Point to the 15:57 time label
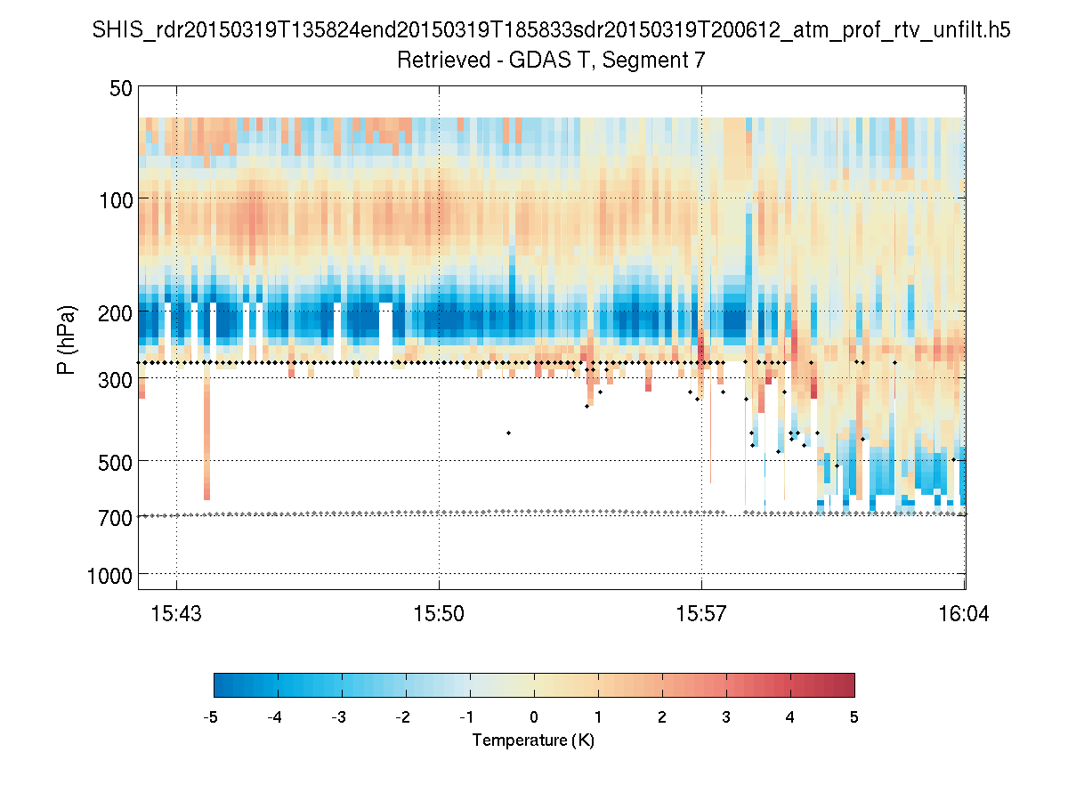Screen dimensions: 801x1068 701,613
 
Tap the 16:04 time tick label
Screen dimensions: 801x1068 964,613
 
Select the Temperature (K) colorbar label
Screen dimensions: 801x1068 533,740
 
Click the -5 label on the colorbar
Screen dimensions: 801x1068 211,716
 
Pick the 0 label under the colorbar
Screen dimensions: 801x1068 534,716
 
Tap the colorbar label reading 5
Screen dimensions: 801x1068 854,716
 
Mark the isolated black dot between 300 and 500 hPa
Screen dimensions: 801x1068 508,433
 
